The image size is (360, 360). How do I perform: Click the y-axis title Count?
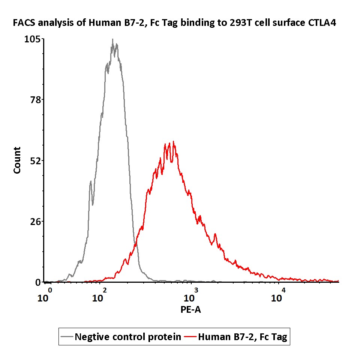17,160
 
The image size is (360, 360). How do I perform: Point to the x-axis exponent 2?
104,291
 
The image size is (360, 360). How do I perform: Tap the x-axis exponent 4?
283,291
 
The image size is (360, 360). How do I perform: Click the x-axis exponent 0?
49,291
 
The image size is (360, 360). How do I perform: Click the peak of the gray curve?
112,39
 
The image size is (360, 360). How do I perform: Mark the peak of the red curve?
173,142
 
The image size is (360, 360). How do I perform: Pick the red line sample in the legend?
190,337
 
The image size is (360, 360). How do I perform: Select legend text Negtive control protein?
128,337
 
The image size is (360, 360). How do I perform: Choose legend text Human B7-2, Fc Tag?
242,337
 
